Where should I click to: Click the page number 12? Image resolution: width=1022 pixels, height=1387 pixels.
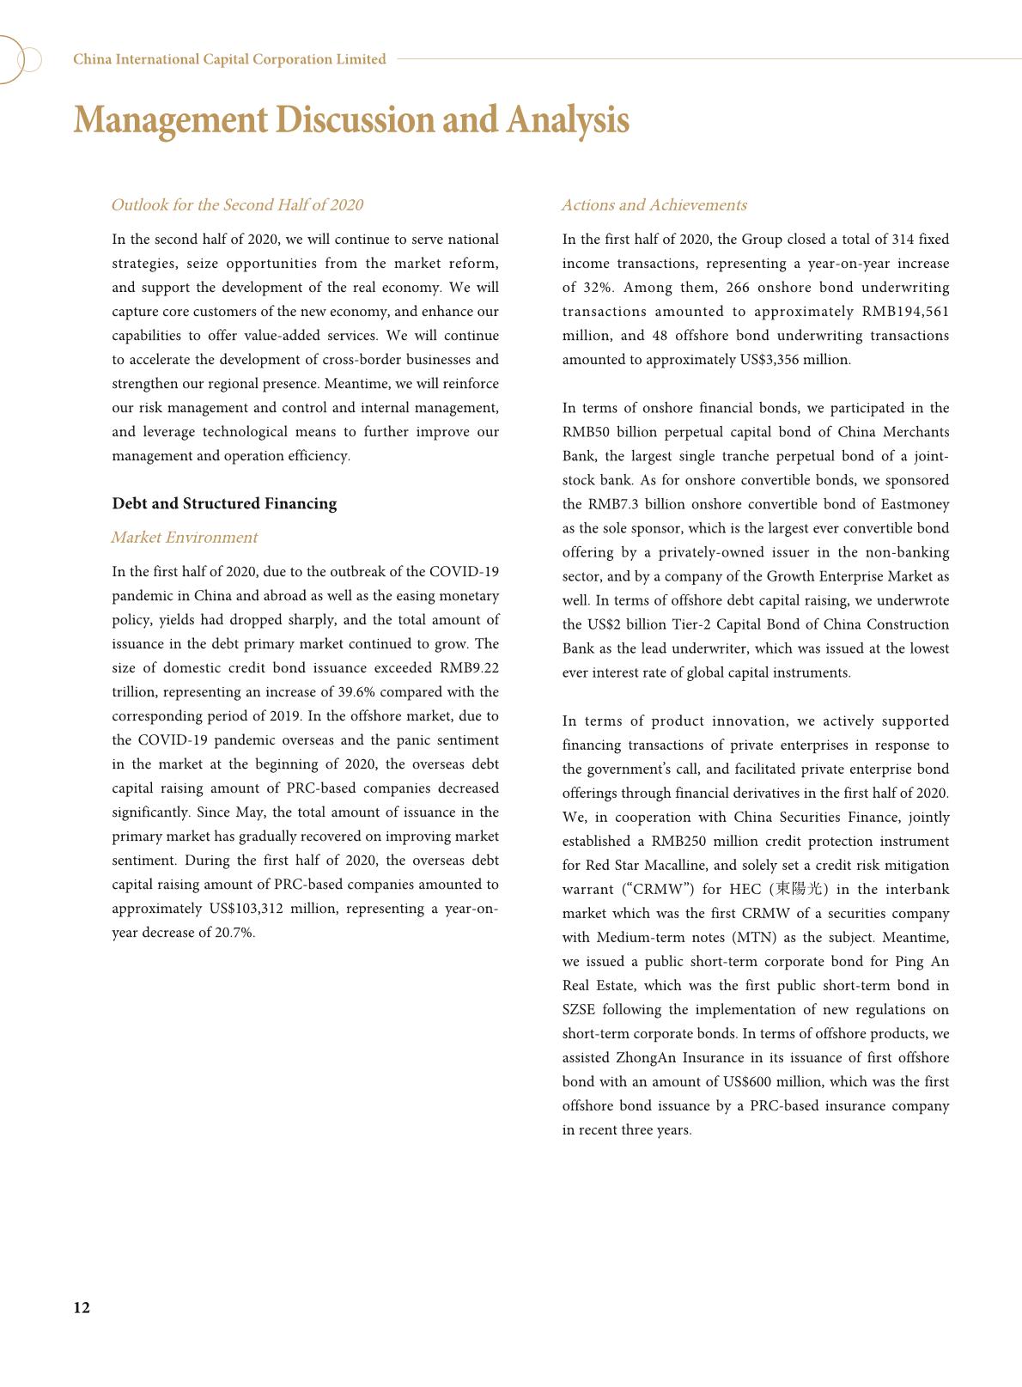tap(82, 1308)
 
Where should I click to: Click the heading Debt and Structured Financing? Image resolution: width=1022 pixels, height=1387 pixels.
tap(224, 503)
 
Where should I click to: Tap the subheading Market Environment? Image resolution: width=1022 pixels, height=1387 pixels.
tap(184, 538)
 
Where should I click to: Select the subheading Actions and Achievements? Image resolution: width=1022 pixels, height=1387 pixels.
tap(654, 205)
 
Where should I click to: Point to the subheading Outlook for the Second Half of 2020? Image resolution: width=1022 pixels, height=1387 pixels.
tap(237, 205)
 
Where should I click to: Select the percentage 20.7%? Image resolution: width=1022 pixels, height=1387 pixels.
tap(234, 933)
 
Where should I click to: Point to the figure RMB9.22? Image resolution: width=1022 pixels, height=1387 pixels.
tap(469, 668)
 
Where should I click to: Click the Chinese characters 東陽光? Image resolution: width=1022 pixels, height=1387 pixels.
tap(799, 890)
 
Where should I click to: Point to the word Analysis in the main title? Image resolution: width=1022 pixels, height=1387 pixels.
tap(568, 119)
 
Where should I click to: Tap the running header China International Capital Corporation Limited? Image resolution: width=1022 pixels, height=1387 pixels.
tap(229, 59)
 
